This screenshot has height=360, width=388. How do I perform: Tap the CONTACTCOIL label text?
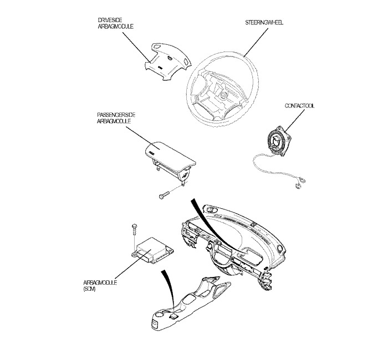pyautogui.click(x=300, y=105)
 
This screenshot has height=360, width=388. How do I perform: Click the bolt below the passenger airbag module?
pyautogui.click(x=163, y=194)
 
